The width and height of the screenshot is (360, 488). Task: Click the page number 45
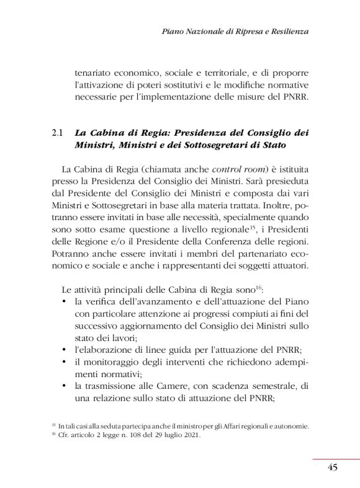(x=332, y=468)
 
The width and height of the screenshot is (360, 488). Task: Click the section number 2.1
(x=58, y=133)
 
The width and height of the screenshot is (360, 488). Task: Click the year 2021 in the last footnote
(x=191, y=435)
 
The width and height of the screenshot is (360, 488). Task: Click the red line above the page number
(x=335, y=459)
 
